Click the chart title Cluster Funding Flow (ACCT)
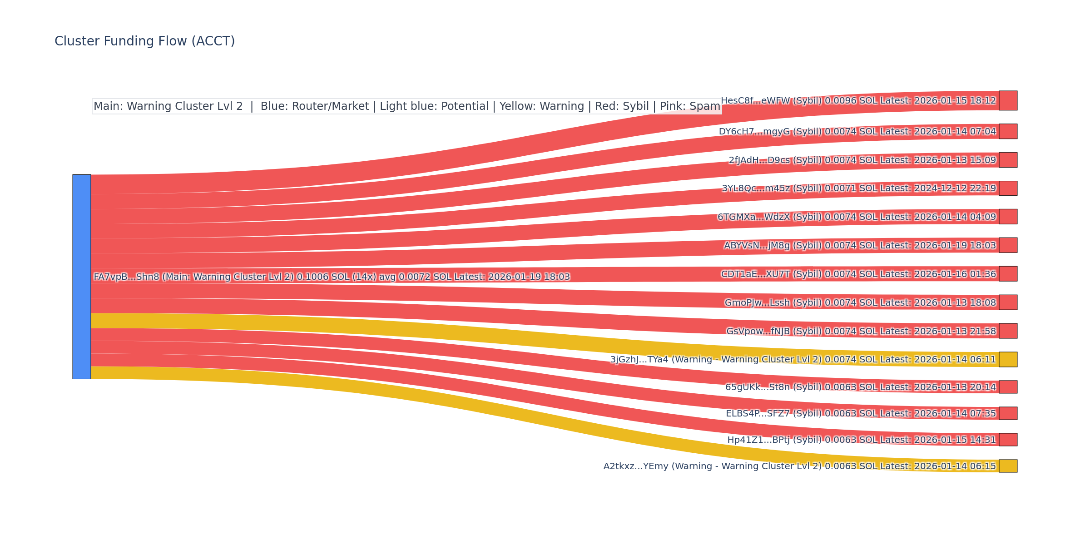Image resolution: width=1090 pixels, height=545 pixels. tap(144, 41)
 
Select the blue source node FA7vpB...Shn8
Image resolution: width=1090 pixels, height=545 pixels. tap(82, 277)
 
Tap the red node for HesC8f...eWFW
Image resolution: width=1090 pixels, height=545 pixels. tap(1008, 100)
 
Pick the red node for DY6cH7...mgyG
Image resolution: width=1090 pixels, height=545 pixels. tap(1008, 131)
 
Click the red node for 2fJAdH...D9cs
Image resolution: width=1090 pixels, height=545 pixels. tap(1008, 160)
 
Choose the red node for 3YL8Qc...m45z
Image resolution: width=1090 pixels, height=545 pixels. tap(1008, 188)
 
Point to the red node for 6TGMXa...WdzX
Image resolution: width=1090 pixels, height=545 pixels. tap(1008, 217)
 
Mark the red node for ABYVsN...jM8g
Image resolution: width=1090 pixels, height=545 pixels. tap(1008, 245)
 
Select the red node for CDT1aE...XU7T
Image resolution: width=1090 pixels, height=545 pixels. tap(1008, 274)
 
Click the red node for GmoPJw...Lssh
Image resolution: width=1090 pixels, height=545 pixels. tap(1008, 302)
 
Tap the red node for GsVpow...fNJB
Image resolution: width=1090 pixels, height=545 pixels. tap(1008, 331)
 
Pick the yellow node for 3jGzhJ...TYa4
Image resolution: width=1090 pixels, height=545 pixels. tap(1008, 359)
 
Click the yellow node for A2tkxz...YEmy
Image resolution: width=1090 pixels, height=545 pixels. tap(1008, 466)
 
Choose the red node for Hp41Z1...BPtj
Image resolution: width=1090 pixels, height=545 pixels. tap(1008, 440)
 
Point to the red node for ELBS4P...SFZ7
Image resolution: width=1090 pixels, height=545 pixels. tap(1008, 413)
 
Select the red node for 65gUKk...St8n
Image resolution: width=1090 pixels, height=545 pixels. tap(1008, 387)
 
